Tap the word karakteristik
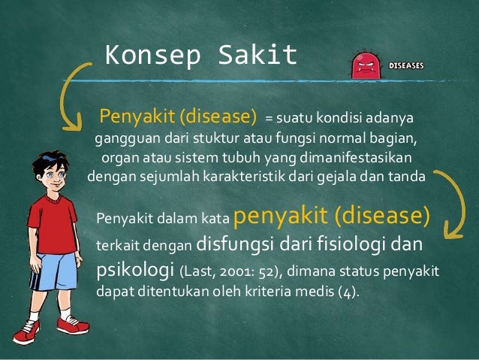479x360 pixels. [254, 178]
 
